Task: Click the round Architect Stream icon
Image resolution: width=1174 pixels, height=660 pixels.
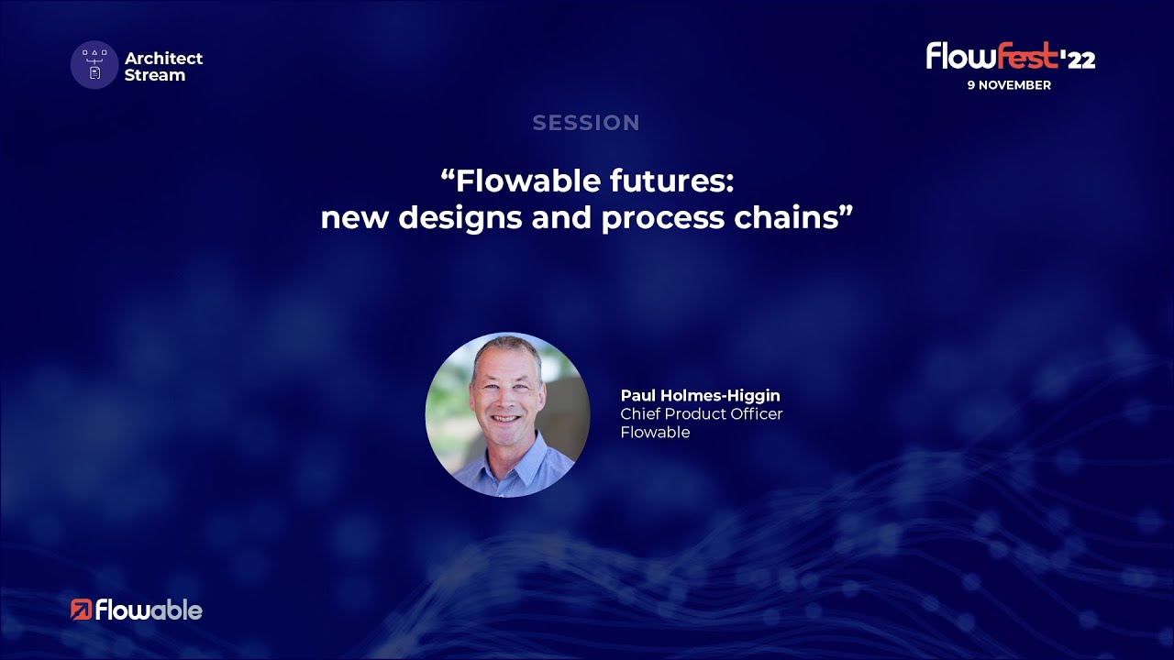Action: (x=94, y=65)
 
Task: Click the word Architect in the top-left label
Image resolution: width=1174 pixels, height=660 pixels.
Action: (x=163, y=58)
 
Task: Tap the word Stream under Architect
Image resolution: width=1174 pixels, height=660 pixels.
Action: (x=155, y=75)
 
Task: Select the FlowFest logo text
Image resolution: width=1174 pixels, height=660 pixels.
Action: (x=991, y=57)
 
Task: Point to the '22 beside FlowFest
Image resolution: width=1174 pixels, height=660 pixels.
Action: (x=1079, y=60)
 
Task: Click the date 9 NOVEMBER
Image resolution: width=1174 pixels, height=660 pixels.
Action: (x=1009, y=85)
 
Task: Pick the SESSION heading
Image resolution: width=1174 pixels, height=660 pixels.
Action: (x=586, y=123)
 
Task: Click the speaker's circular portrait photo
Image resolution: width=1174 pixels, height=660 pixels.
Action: (x=507, y=414)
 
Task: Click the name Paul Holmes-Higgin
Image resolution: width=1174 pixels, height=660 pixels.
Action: (x=700, y=396)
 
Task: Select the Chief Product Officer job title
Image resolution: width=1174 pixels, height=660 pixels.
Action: (x=702, y=414)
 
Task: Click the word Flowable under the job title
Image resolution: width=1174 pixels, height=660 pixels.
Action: (x=655, y=433)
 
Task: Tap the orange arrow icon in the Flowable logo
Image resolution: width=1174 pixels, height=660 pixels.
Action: (x=81, y=610)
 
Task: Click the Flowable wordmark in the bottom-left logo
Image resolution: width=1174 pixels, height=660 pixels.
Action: (x=149, y=610)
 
